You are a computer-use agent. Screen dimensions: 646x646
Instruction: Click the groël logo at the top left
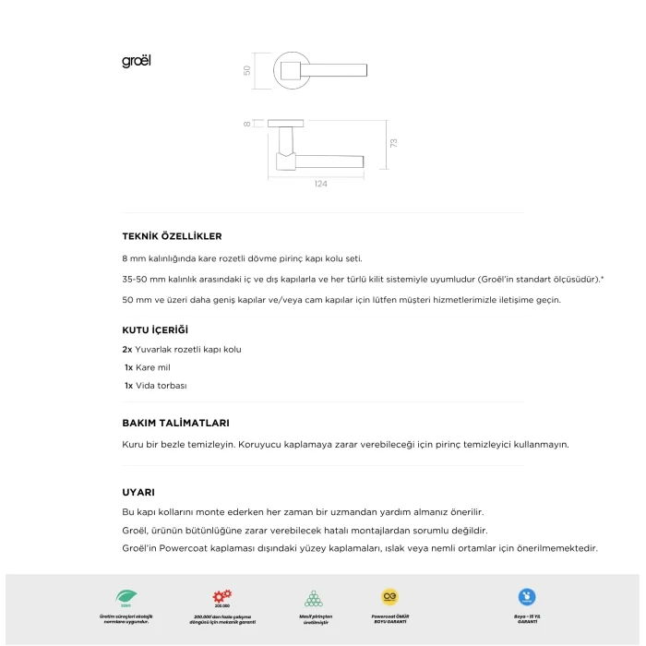136,62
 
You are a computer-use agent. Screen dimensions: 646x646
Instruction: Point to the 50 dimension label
247,70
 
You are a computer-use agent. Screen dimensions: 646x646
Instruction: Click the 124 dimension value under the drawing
320,185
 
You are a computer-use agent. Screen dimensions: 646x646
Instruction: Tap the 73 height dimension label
392,143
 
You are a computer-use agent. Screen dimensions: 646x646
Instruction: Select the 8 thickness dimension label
247,123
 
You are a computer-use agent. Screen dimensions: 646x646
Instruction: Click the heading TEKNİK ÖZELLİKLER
172,236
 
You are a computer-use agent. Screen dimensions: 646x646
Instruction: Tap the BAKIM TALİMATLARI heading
175,423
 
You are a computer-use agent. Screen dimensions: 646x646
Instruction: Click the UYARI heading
138,492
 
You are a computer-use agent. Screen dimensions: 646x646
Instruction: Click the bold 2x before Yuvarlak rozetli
127,350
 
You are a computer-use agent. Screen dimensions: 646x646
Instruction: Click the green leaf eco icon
124,597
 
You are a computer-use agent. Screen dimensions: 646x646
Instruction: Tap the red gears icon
222,597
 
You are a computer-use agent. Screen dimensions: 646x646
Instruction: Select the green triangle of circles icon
313,598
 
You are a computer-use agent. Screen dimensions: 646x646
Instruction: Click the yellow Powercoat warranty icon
390,597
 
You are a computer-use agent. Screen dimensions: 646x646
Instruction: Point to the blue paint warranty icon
527,597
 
